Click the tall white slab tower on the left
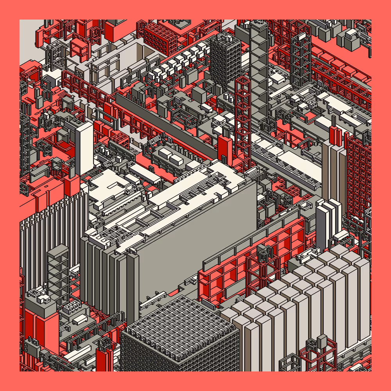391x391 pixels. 84,143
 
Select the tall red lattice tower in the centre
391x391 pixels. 243,117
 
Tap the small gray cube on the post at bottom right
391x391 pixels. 322,341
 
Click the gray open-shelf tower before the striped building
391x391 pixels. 58,270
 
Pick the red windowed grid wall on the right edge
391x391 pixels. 358,176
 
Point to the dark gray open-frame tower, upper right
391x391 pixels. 300,59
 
